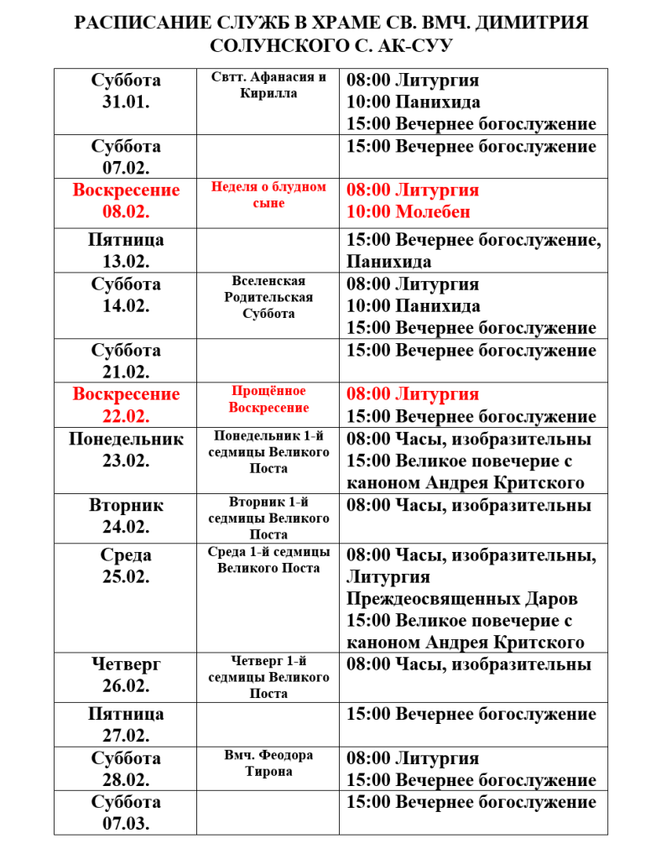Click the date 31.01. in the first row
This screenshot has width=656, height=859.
coord(126,102)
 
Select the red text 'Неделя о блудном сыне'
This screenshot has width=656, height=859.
coord(268,195)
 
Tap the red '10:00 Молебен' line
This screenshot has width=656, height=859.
coord(409,212)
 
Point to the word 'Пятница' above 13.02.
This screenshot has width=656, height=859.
coord(126,240)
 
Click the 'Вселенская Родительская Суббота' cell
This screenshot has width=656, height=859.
coord(268,297)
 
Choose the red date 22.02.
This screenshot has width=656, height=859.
coord(126,416)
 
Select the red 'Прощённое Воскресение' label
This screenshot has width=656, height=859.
coord(268,399)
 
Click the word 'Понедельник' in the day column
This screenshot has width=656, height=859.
coord(126,439)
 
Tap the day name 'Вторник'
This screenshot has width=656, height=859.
coord(126,506)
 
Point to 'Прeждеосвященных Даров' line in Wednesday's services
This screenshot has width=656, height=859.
coord(462,600)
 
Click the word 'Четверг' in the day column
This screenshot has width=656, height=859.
coord(126,664)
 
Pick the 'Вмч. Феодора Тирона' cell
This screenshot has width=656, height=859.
coord(268,763)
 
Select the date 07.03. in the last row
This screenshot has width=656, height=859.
coord(126,824)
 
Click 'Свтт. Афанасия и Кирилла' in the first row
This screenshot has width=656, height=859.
coord(268,85)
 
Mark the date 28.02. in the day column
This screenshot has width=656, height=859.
coord(126,780)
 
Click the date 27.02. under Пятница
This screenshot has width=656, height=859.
coord(126,736)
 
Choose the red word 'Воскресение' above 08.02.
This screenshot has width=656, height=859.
coord(126,190)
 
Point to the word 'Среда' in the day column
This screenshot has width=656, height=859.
coord(126,555)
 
